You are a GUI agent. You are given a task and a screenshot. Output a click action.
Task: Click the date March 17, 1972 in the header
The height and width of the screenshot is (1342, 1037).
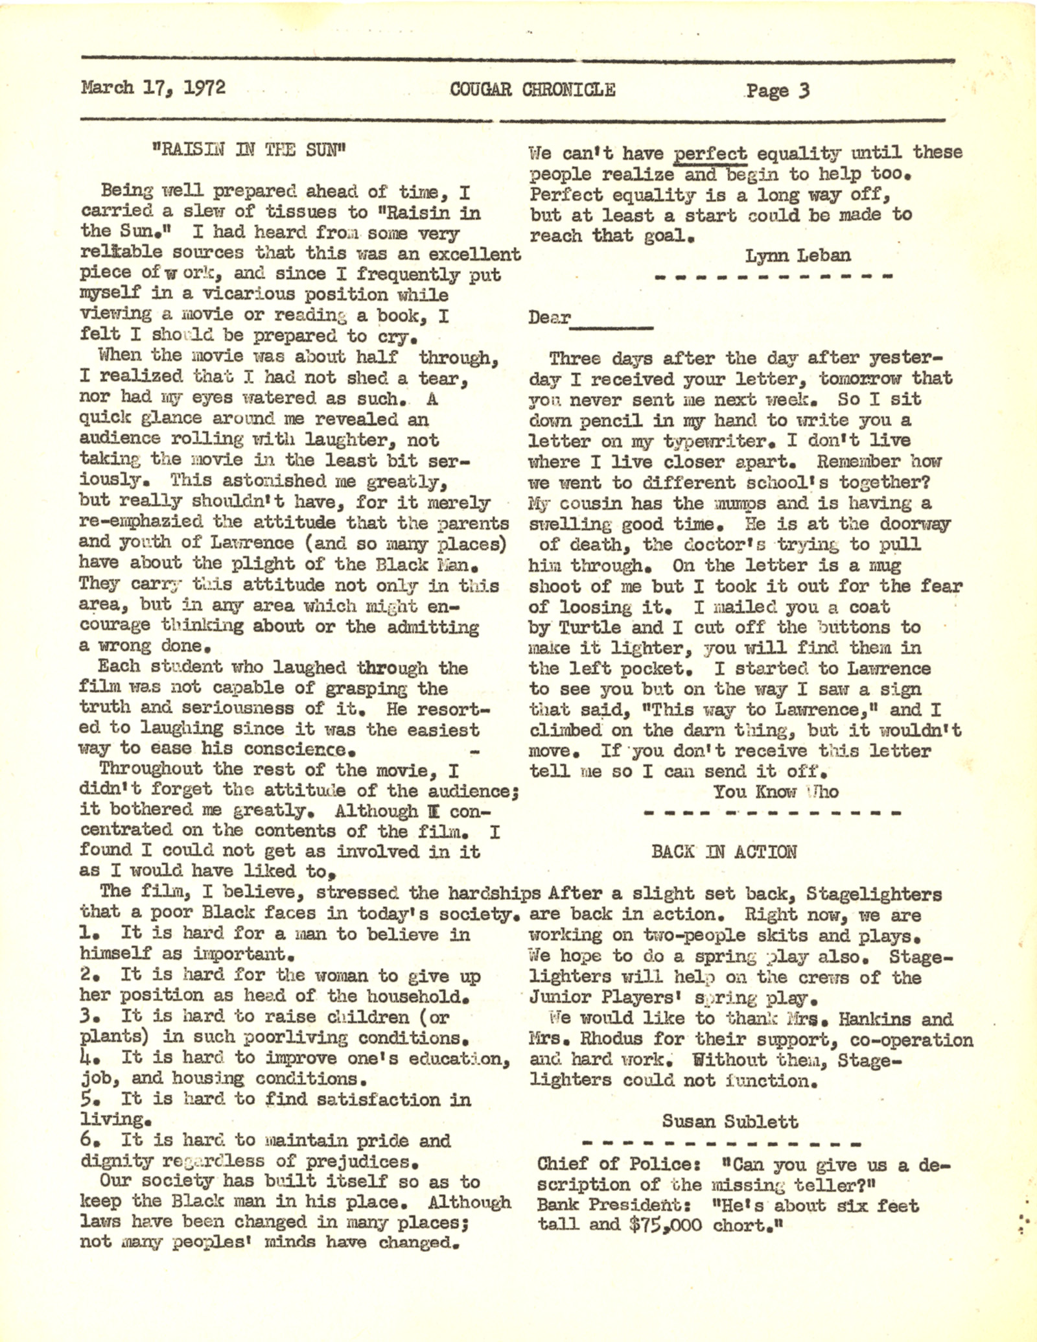[154, 88]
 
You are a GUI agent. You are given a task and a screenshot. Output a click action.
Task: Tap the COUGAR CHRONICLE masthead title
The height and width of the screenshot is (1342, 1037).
[532, 89]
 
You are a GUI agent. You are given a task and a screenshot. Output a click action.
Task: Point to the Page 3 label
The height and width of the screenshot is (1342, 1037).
[777, 90]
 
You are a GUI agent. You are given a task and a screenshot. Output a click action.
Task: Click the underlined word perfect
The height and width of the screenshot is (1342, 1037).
[711, 154]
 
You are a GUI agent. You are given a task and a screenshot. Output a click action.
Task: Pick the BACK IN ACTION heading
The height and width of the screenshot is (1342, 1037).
[724, 851]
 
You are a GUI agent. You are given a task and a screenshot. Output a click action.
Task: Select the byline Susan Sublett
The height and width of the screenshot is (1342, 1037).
[730, 1121]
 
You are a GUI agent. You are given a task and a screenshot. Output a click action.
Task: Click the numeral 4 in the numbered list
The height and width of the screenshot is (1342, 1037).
[86, 1057]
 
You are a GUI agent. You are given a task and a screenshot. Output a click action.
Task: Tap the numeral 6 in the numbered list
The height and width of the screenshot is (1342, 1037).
[86, 1139]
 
